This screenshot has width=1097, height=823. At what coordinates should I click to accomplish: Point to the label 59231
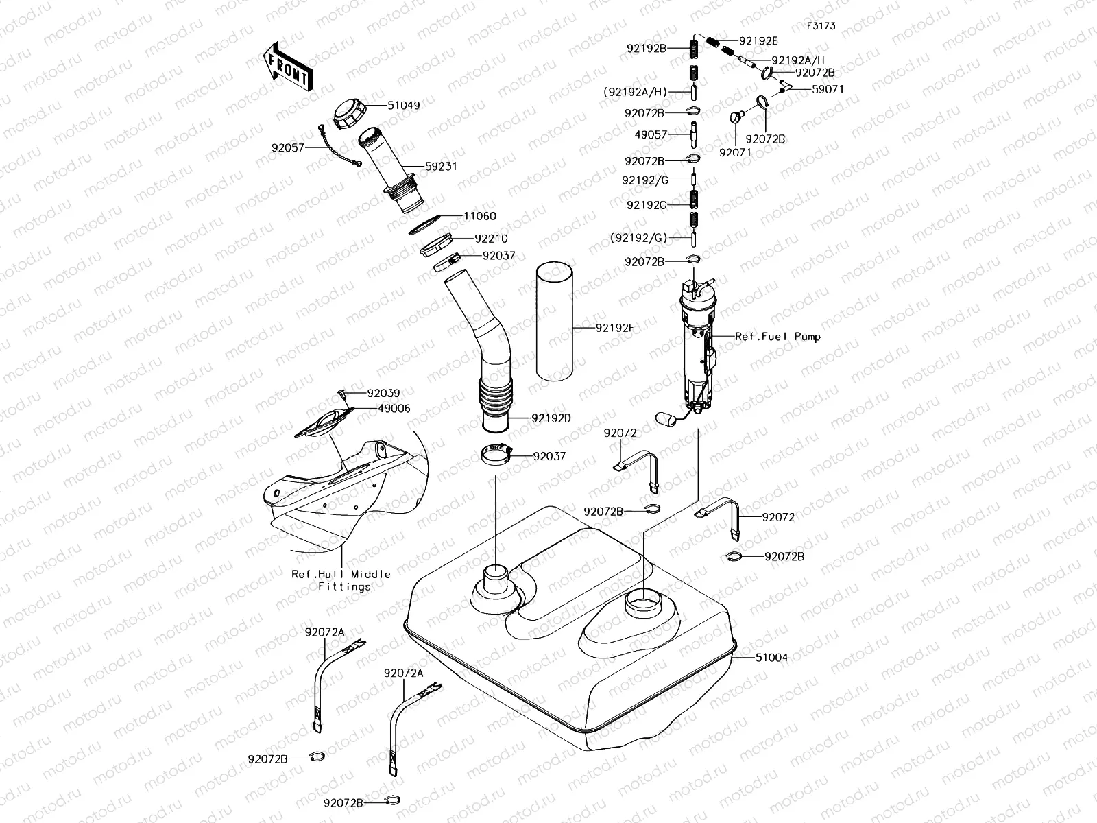[x=441, y=167]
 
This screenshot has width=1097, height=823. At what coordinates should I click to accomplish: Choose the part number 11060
[x=480, y=216]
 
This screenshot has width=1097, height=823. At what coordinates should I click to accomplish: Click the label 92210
[x=491, y=239]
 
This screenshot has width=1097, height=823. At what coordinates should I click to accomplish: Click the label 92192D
[x=550, y=418]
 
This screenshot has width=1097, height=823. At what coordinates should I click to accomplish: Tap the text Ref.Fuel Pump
[x=777, y=337]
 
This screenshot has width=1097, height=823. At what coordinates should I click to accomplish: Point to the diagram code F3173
[x=821, y=26]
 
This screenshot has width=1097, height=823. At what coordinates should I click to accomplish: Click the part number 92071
[x=735, y=152]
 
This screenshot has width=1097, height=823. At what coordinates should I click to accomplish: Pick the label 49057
[x=651, y=134]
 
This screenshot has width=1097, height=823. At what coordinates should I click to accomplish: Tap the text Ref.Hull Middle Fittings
[x=341, y=580]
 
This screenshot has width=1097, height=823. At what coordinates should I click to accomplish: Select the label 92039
[x=383, y=394]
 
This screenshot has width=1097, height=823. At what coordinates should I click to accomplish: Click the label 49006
[x=394, y=409]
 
